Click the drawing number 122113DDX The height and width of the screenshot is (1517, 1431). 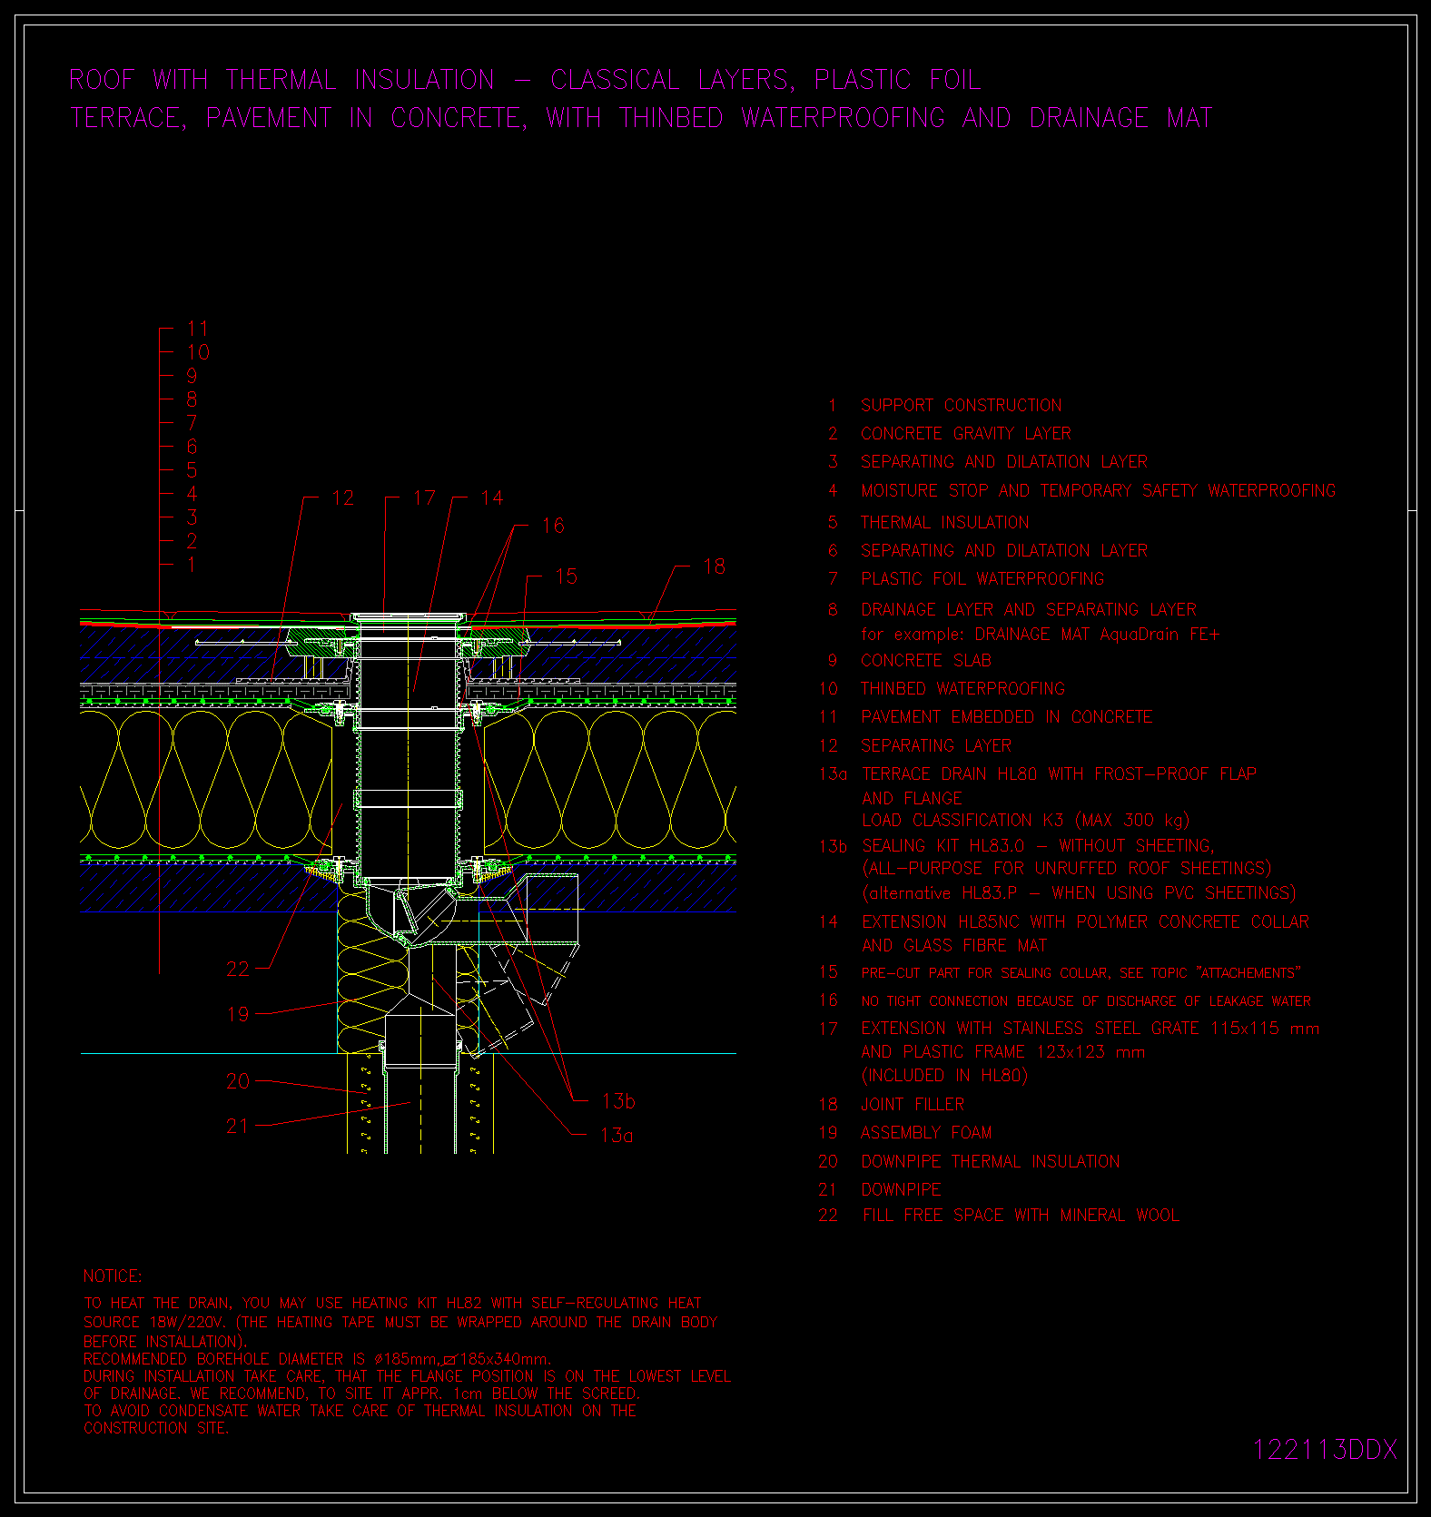tap(1325, 1450)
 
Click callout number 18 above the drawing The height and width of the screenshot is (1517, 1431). tap(715, 566)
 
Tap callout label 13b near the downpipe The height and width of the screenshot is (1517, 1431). tap(618, 1101)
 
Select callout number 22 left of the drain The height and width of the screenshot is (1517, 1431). tap(238, 969)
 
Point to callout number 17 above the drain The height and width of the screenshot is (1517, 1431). tap(424, 497)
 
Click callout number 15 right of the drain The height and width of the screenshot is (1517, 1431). tap(566, 576)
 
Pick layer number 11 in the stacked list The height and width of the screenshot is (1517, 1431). tap(198, 329)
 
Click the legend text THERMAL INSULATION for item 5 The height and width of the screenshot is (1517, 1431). tap(945, 522)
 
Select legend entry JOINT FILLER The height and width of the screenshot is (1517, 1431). tap(913, 1104)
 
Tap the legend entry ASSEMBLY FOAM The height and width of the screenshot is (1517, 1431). tap(926, 1132)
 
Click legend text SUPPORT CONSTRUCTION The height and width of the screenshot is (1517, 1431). tap(961, 405)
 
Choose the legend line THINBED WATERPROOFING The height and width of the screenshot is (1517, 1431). tap(962, 688)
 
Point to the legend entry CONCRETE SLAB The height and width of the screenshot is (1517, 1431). tap(926, 660)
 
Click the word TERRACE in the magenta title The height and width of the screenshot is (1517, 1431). tap(128, 118)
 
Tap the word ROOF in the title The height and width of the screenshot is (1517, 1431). tap(102, 80)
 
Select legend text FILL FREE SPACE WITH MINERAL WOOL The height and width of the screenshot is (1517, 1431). tap(1021, 1215)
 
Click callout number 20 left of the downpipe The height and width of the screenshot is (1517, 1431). tap(238, 1081)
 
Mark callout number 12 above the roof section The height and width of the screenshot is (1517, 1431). tap(342, 497)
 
